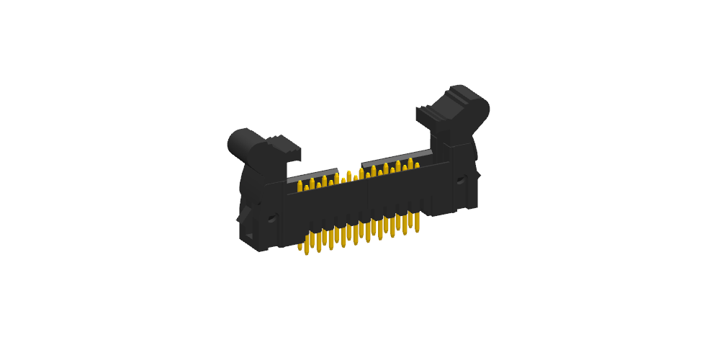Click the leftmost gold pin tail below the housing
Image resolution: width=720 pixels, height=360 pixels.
[x=300, y=245]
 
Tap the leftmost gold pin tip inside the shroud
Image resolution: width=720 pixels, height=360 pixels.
[x=300, y=187]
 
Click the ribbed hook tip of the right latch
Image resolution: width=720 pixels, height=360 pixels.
[x=424, y=114]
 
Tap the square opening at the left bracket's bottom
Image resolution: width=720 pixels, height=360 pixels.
[x=248, y=235]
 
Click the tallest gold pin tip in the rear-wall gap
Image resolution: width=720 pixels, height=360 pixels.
[x=349, y=175]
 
